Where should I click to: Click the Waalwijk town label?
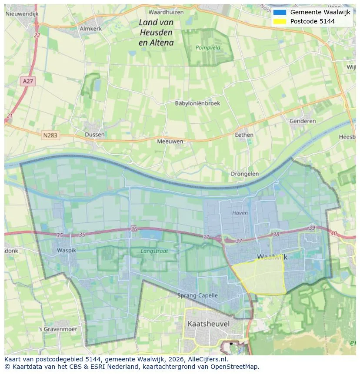point(272,257)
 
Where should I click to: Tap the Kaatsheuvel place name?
point(209,324)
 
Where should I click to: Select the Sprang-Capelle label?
point(197,295)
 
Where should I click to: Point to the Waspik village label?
point(67,251)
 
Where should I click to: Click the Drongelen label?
point(245,174)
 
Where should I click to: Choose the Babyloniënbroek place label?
point(197,103)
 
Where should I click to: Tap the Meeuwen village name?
point(170,141)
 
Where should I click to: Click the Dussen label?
point(94,135)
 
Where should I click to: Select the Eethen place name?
point(244,135)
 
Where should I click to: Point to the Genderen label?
point(303,121)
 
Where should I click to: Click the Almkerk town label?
point(90,29)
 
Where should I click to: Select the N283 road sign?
point(50,136)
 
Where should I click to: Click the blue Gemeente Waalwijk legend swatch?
point(280,12)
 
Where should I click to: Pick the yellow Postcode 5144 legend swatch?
point(280,21)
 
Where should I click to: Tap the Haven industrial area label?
point(240,213)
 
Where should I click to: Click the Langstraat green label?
point(154,251)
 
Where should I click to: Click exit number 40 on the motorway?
point(333,234)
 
